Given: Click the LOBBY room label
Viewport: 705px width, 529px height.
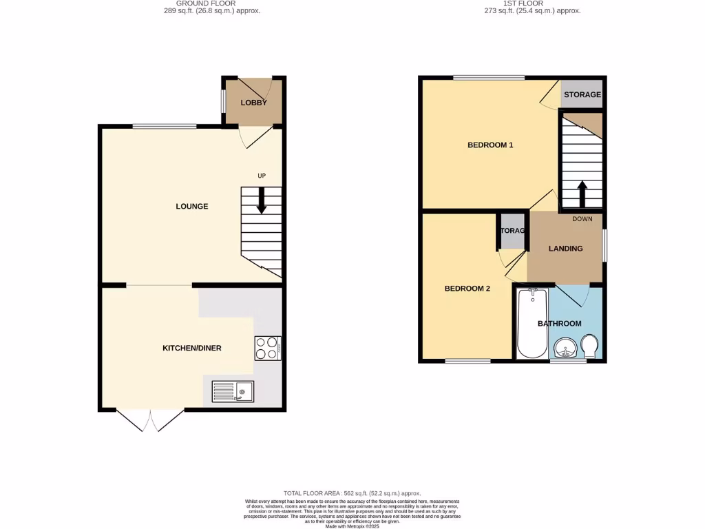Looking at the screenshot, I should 253,103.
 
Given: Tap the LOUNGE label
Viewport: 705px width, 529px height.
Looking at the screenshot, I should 192,207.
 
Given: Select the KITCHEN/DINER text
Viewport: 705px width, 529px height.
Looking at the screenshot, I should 192,349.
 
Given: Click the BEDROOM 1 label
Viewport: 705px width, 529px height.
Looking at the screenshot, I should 490,145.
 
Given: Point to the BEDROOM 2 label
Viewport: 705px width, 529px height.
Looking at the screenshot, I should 467,289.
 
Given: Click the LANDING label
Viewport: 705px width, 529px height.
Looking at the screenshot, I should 565,249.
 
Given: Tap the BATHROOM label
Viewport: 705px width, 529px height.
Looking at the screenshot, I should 559,324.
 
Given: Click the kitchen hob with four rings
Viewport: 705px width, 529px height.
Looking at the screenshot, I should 267,348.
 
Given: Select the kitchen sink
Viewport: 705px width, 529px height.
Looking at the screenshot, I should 233,392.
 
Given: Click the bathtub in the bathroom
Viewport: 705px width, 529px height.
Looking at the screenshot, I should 532,323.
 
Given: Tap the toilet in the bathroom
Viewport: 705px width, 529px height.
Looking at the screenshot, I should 589,346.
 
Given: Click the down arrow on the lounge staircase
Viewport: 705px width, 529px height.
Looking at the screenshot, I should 262,201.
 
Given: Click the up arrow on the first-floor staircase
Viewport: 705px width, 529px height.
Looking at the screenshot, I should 582,194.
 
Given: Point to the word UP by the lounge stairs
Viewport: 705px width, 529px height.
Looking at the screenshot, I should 262,176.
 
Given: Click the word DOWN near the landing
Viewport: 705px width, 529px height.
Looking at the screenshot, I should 582,220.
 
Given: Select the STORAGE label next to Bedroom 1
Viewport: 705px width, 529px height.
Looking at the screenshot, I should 582,95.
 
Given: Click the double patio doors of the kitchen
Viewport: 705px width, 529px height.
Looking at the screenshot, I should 150,420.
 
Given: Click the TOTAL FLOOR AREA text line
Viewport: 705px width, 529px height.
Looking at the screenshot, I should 352,493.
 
